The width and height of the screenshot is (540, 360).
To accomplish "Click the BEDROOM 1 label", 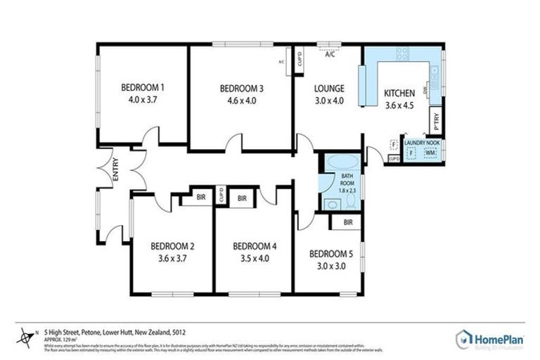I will [x=143, y=88].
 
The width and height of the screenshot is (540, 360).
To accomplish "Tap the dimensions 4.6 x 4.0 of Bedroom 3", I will [x=241, y=101].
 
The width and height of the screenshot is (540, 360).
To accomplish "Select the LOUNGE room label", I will [x=329, y=89].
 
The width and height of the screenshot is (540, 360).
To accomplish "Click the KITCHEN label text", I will [x=399, y=94].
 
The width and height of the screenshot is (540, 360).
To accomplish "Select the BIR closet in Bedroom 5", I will [x=348, y=223].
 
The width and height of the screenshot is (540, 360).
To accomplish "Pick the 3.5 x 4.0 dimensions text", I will [x=255, y=258].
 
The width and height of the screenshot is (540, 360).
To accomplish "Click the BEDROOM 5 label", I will [x=330, y=253].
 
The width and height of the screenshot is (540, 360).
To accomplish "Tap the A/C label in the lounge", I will [x=330, y=55].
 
